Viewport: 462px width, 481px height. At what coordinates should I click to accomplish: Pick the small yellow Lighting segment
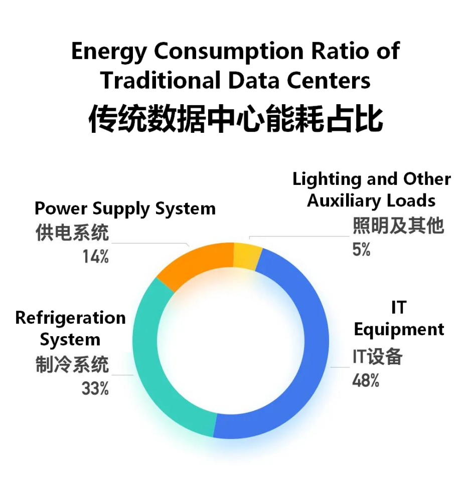click(247, 256)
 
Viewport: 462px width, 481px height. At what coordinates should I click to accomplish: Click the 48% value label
click(366, 381)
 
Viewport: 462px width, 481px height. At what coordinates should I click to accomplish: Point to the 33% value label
click(95, 388)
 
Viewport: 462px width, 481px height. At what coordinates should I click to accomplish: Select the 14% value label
click(95, 257)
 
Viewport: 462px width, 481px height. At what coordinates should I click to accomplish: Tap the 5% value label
click(361, 250)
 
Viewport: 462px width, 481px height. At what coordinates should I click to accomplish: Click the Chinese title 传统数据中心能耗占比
click(236, 118)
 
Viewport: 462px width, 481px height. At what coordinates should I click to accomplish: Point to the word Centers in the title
click(329, 80)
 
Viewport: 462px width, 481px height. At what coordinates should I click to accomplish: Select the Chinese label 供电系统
click(72, 232)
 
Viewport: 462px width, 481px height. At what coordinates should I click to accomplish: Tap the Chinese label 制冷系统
click(72, 364)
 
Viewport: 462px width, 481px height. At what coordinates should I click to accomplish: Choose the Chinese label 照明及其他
click(398, 225)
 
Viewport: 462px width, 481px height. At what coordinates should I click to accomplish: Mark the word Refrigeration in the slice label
click(71, 318)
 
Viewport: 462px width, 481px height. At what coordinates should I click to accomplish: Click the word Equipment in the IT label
click(399, 330)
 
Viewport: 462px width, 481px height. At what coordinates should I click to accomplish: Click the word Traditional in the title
click(161, 80)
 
